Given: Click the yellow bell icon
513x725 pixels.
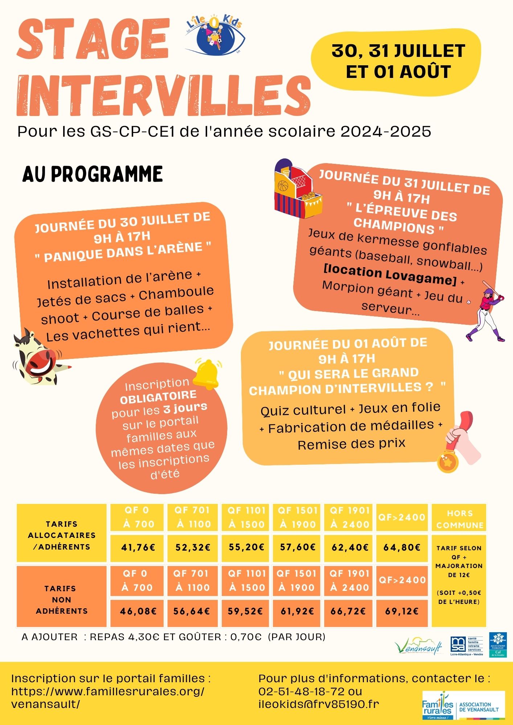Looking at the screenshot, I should click(207, 374).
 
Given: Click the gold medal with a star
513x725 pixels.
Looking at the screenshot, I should click(447, 462).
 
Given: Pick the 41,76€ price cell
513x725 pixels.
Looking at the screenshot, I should click(138, 547).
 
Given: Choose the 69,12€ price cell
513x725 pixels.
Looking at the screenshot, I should click(402, 611).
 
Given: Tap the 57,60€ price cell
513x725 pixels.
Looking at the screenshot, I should click(296, 547).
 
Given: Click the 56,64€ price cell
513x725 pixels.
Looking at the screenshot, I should click(192, 611).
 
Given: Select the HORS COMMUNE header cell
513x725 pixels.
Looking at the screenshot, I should click(459, 519).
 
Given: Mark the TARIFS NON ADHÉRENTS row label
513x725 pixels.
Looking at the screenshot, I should click(62, 600).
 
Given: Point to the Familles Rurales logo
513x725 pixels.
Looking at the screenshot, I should click(463, 705).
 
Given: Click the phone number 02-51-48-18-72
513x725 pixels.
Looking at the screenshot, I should click(301, 691).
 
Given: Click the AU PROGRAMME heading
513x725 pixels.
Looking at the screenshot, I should click(93, 174).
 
